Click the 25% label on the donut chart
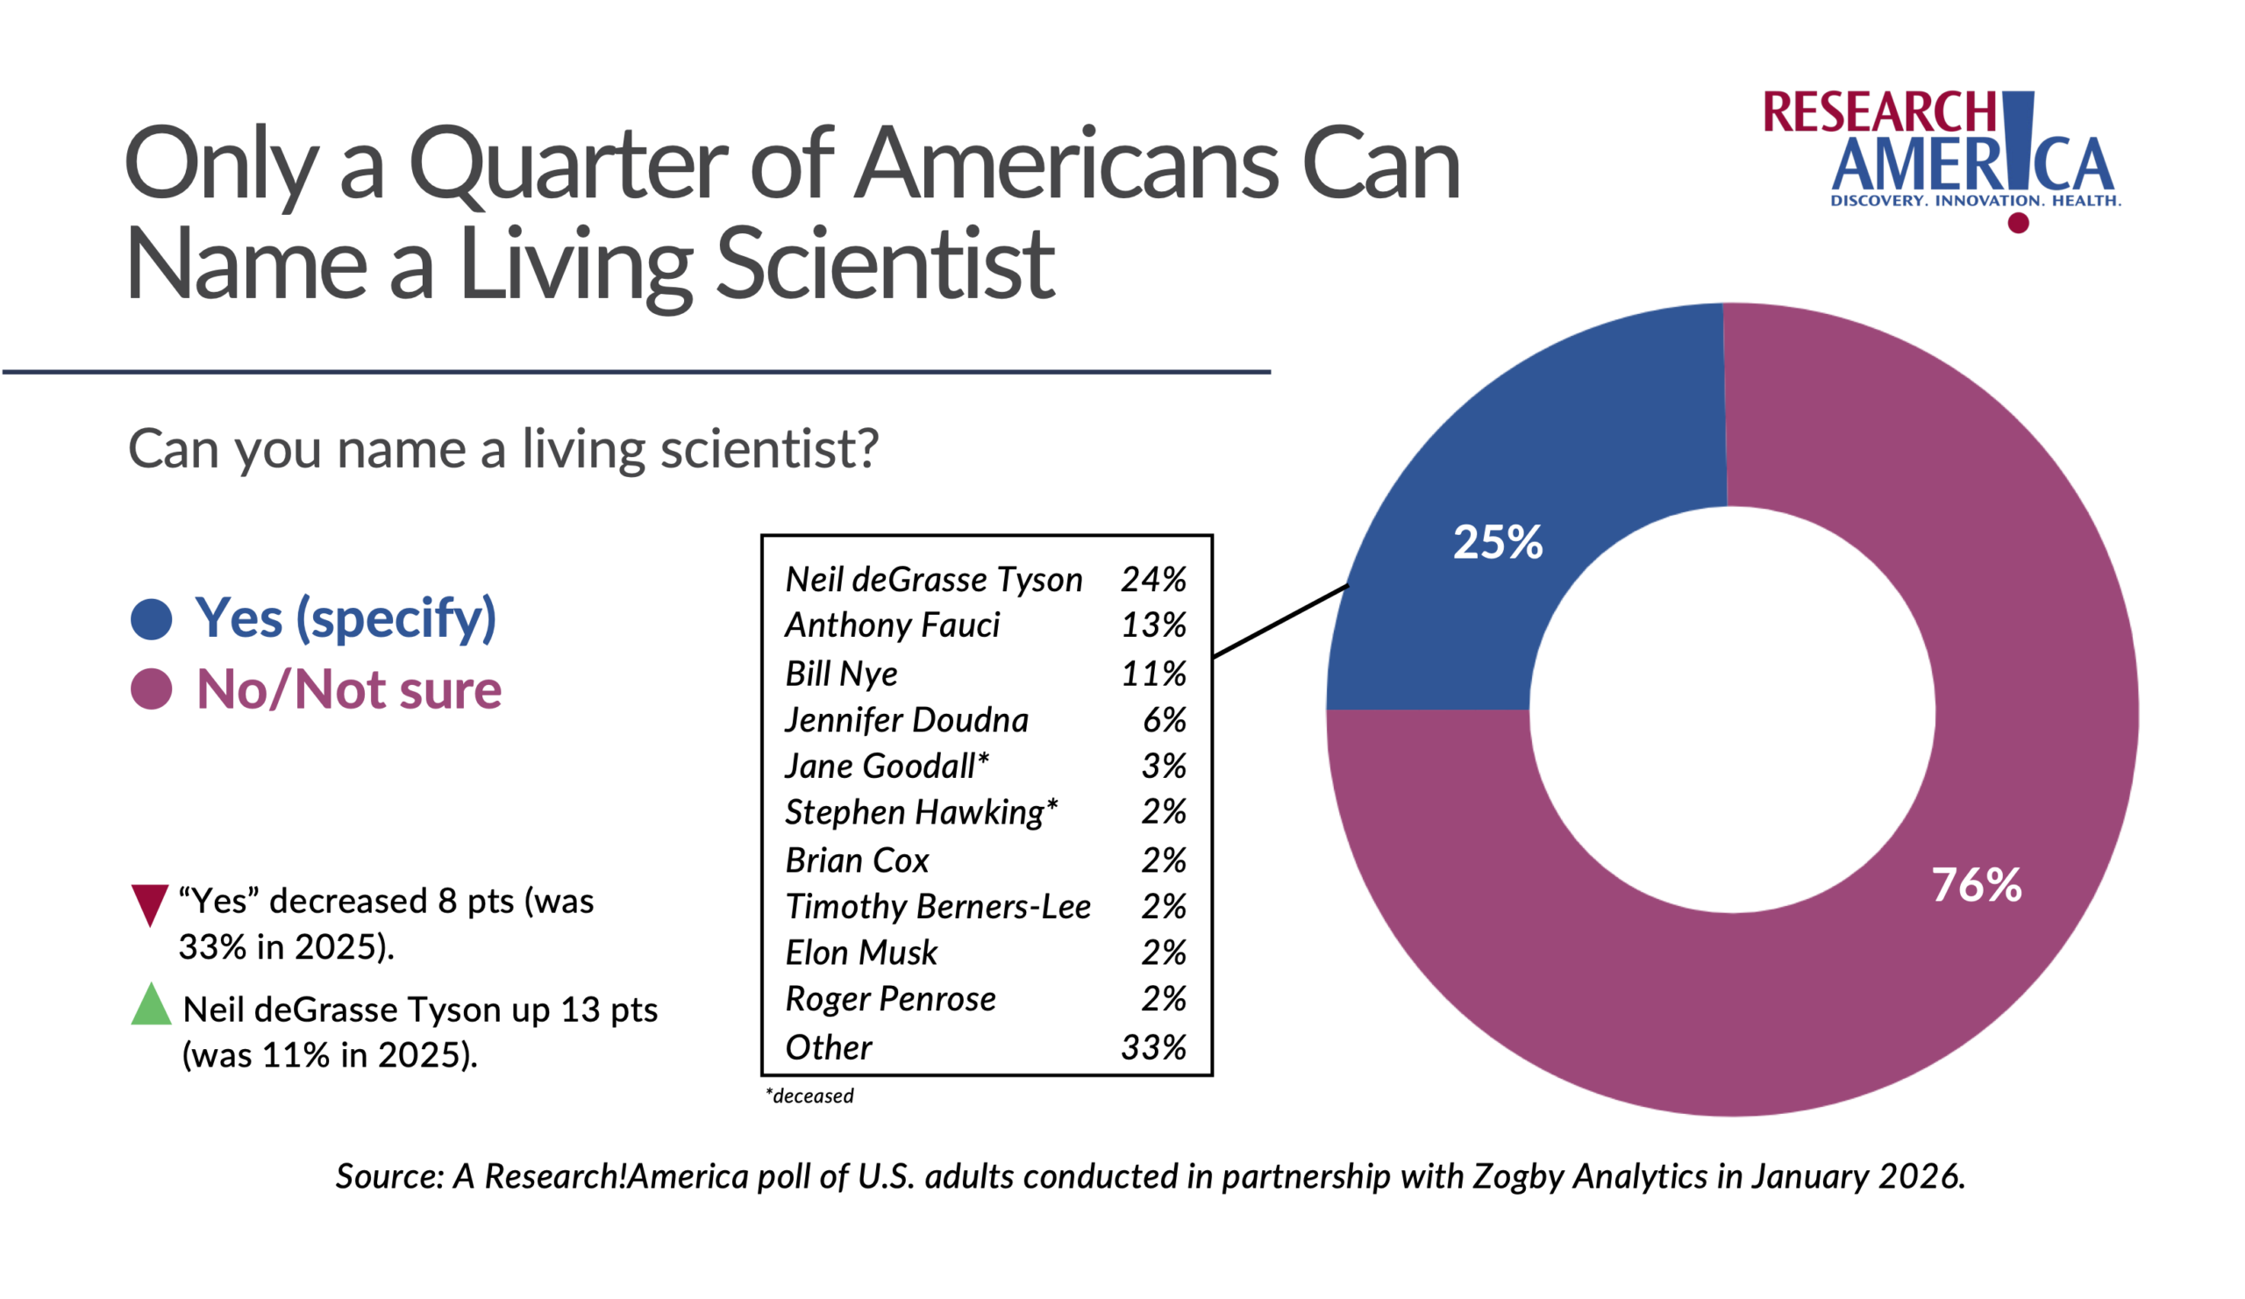(1498, 542)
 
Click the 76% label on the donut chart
(1976, 885)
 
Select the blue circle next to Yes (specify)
(152, 619)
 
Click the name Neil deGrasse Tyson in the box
(933, 579)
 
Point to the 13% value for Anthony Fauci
(1153, 625)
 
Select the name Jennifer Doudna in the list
(906, 719)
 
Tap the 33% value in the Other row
(1153, 1047)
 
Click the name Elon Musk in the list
(860, 953)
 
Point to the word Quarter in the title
(568, 165)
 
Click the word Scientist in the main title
(885, 264)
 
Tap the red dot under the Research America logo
(2018, 223)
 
